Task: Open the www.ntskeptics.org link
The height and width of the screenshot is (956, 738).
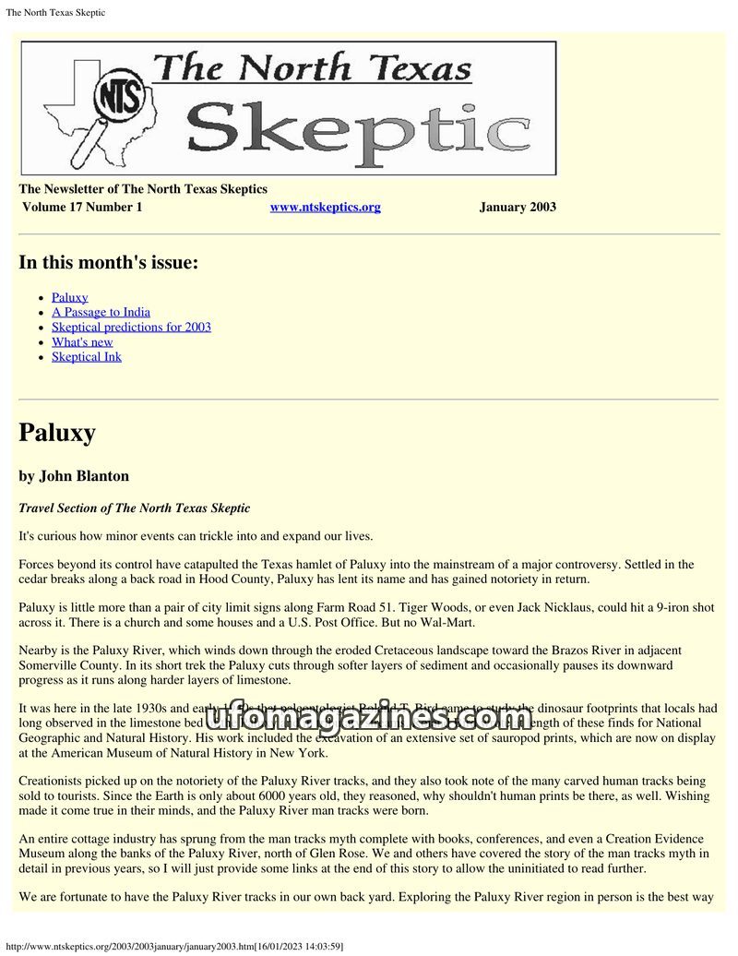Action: [325, 207]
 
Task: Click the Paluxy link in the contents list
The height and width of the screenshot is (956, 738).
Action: [70, 297]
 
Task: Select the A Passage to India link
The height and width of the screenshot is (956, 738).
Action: [101, 312]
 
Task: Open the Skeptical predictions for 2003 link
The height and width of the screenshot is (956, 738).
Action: [131, 327]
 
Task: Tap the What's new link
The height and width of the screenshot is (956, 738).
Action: [82, 341]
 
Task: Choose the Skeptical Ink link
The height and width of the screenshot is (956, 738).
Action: [87, 356]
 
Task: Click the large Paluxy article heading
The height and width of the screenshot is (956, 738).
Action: [57, 433]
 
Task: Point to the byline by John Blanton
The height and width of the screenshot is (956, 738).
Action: [74, 476]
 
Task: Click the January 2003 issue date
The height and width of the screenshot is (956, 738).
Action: [518, 207]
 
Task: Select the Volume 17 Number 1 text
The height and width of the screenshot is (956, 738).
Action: [82, 207]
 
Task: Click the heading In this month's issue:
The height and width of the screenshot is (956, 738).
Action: [108, 262]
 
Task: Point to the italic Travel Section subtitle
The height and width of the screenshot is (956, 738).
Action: [134, 508]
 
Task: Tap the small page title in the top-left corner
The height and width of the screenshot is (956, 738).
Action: [55, 12]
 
